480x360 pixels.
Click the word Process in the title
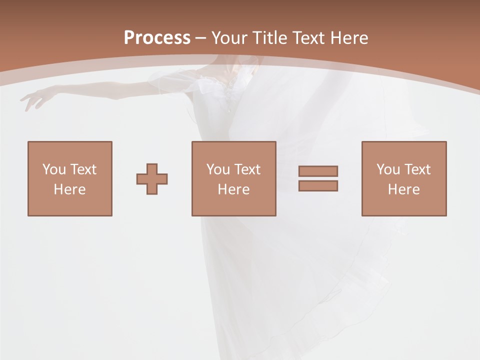(x=157, y=37)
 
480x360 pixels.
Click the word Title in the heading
(x=270, y=38)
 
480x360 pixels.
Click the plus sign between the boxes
(x=152, y=179)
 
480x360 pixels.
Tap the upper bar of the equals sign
(x=318, y=171)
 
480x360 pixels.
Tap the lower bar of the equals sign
(x=318, y=185)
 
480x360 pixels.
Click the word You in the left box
(x=54, y=169)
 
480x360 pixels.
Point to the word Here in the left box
(x=69, y=189)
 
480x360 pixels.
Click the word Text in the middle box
(x=247, y=169)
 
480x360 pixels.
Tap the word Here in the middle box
(x=233, y=189)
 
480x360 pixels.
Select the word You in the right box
(x=388, y=169)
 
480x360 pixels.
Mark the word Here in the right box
(x=403, y=189)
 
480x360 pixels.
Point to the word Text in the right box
(x=417, y=169)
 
